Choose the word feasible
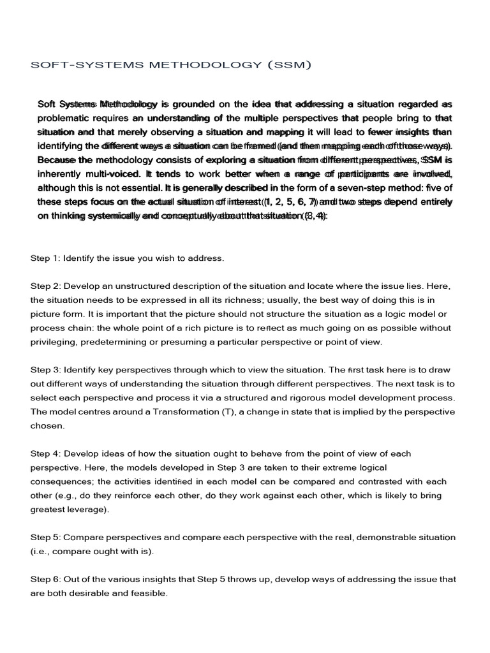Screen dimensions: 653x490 [x=145, y=593]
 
